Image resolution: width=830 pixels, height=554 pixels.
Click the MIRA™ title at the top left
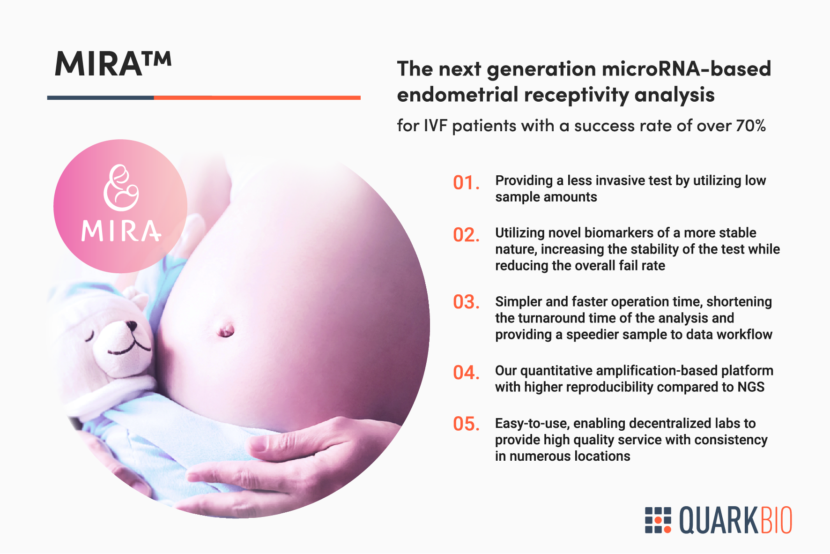tap(113, 64)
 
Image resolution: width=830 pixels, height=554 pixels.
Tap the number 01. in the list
tap(466, 183)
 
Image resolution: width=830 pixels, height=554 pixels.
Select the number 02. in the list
tap(466, 235)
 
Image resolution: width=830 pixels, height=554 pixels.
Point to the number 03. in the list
tap(466, 302)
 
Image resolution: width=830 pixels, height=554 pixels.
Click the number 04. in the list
tap(466, 373)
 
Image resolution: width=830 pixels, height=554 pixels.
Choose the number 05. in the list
tap(466, 424)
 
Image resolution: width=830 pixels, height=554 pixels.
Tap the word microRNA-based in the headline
tap(686, 68)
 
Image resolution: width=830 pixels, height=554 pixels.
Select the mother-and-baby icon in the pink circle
tap(121, 187)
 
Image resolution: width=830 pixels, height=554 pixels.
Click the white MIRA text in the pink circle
tap(121, 231)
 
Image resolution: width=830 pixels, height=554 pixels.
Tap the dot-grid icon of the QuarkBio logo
tap(658, 520)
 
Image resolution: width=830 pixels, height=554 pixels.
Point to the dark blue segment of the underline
tap(101, 97)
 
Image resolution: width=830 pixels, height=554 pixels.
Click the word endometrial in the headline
tap(457, 94)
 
